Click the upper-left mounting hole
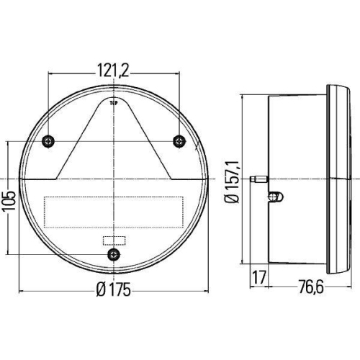pyautogui.click(x=48, y=140)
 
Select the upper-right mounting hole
pyautogui.click(x=178, y=140)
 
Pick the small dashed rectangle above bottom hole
pyautogui.click(x=113, y=240)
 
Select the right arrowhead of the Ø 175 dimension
pyautogui.click(x=206, y=291)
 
